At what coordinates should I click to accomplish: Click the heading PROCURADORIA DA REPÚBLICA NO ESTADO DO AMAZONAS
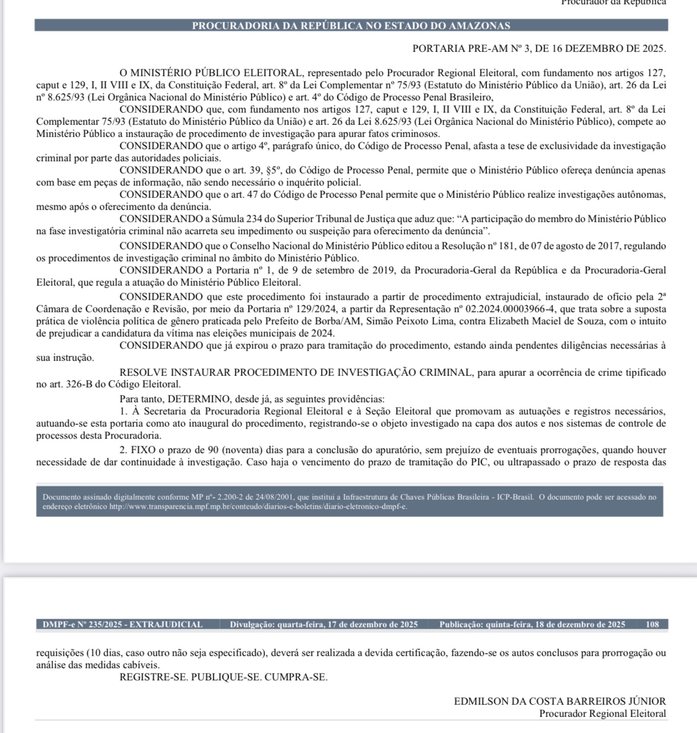351,25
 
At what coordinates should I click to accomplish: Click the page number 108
652,625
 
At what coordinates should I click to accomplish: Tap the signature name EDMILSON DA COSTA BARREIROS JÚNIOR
559,701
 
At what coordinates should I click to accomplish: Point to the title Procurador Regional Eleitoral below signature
602,714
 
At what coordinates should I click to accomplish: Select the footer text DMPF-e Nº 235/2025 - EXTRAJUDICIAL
123,625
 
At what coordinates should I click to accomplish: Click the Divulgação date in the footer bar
324,625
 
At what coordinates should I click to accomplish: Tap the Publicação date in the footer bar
532,625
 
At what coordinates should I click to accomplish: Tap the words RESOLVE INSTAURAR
176,372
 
